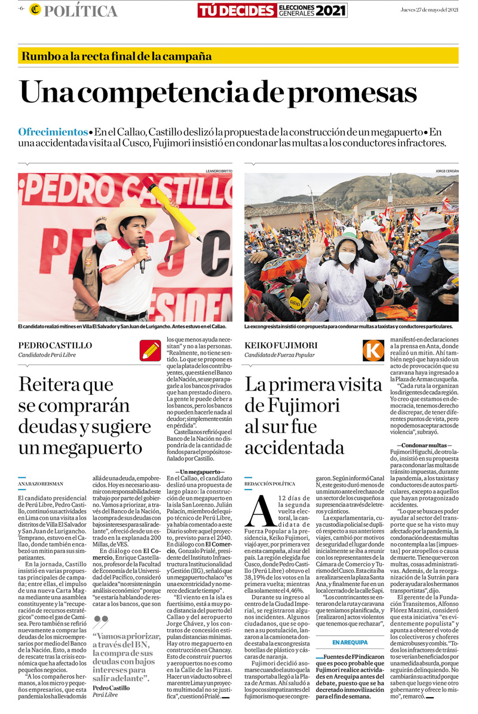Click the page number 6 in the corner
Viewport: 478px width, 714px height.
(22, 10)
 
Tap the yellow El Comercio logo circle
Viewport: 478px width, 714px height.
(35, 10)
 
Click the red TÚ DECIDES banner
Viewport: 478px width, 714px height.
(237, 10)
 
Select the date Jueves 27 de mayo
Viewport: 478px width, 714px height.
(429, 10)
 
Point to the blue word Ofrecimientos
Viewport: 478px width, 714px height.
(53, 132)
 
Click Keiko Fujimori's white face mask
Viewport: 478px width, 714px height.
(347, 258)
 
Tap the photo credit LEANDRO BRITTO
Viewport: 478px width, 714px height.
(218, 171)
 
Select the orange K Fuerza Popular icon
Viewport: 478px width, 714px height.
(373, 350)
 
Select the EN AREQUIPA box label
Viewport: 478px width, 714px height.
(350, 642)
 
